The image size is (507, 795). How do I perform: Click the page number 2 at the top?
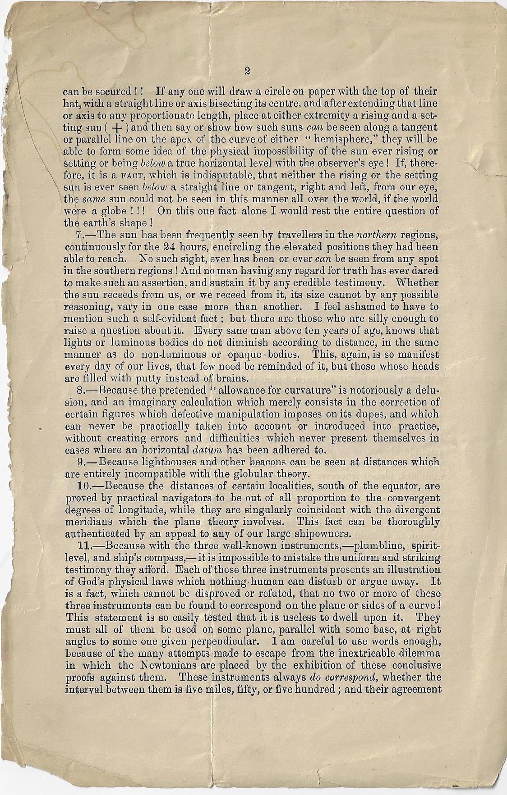tap(247, 70)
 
